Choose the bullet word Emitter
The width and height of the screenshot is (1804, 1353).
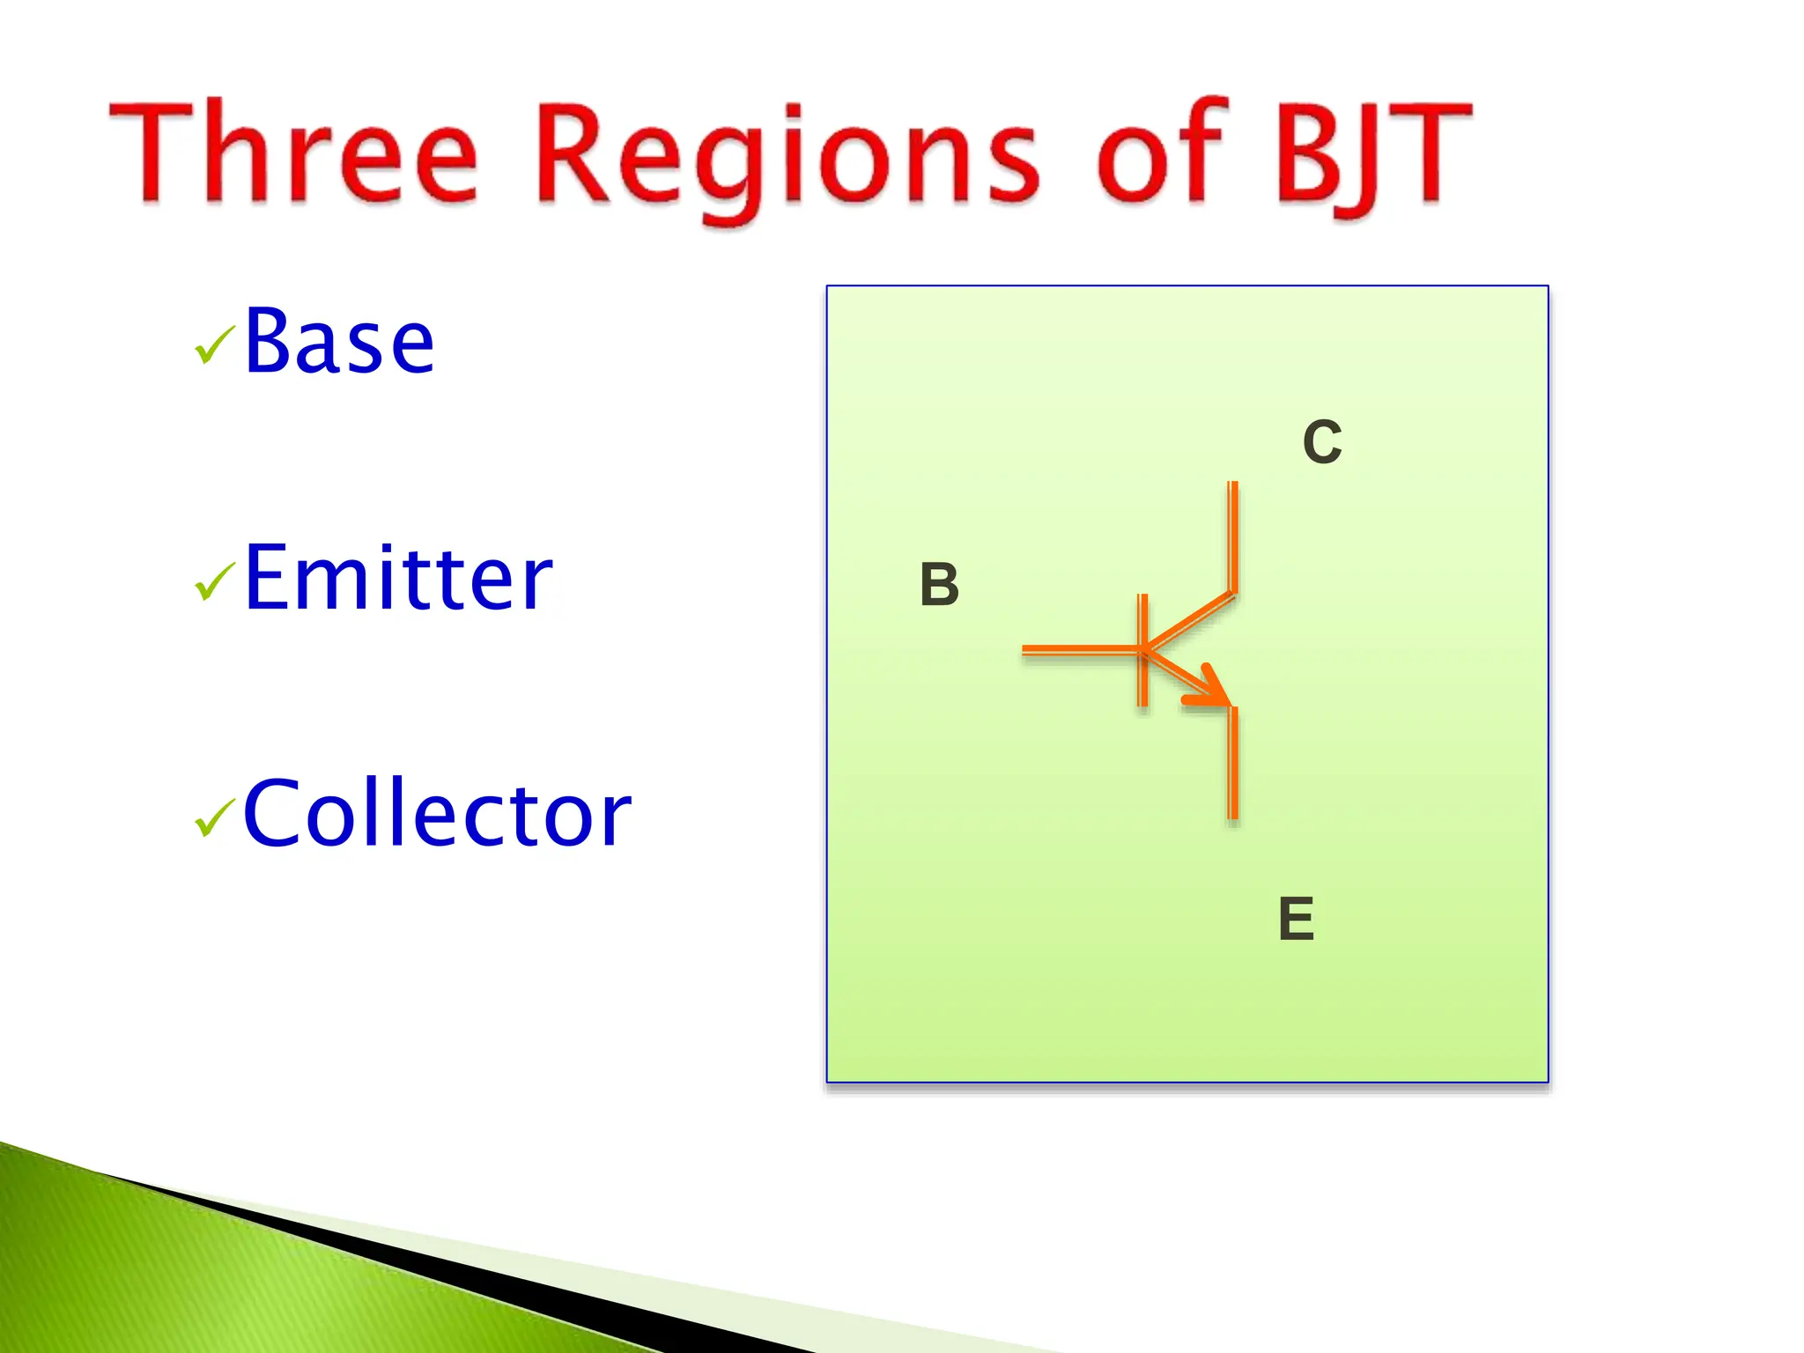pyautogui.click(x=397, y=579)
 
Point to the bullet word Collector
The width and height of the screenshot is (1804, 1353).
pyautogui.click(x=437, y=815)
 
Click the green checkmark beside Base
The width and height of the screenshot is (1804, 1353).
pyautogui.click(x=214, y=344)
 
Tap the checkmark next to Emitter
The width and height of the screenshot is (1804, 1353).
pyautogui.click(x=214, y=582)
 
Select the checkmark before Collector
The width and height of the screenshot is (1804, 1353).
pyautogui.click(x=214, y=817)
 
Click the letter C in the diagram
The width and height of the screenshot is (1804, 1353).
pyautogui.click(x=1321, y=442)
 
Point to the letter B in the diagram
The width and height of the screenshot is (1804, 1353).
pyautogui.click(x=939, y=585)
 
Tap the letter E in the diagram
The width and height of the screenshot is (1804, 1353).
pyautogui.click(x=1296, y=919)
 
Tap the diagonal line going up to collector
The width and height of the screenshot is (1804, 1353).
pyautogui.click(x=1189, y=621)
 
